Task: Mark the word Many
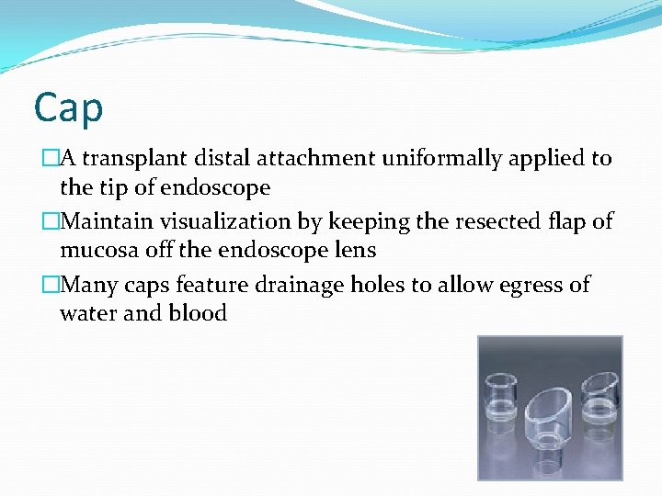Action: [87, 284]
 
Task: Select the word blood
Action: [198, 313]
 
